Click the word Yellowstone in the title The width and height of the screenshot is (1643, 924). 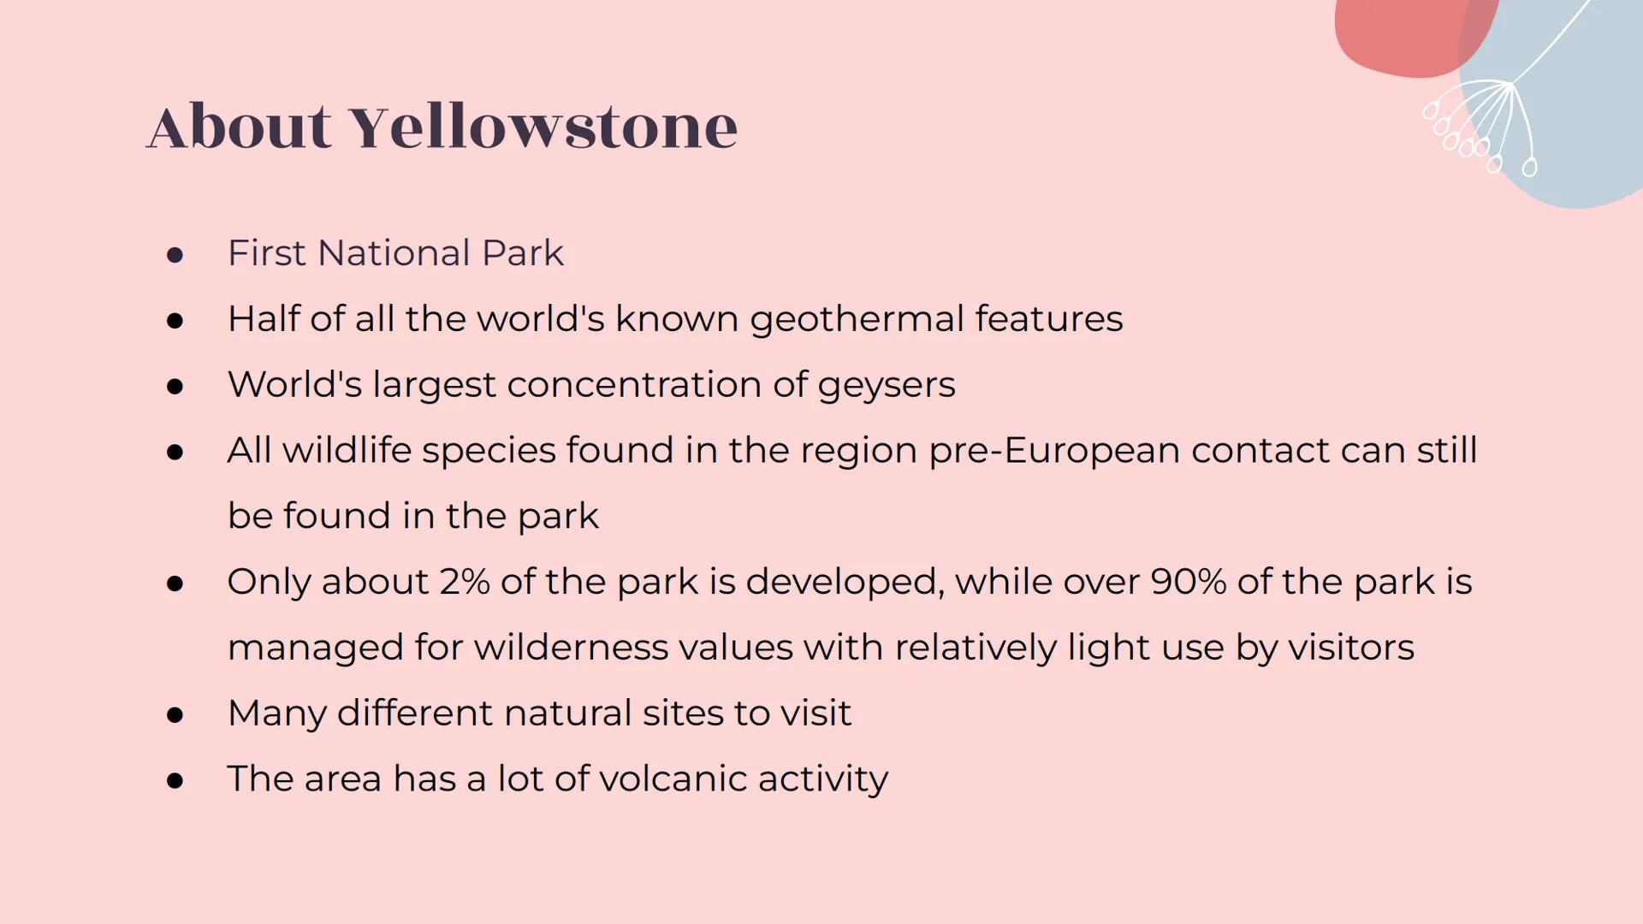point(544,127)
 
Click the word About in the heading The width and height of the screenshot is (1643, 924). point(239,127)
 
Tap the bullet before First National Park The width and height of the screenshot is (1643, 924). point(175,255)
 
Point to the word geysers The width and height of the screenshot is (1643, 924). point(886,385)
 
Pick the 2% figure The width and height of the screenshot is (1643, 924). point(465,582)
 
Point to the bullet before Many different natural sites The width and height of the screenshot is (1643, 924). point(175,714)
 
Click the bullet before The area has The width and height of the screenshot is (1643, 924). point(175,780)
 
